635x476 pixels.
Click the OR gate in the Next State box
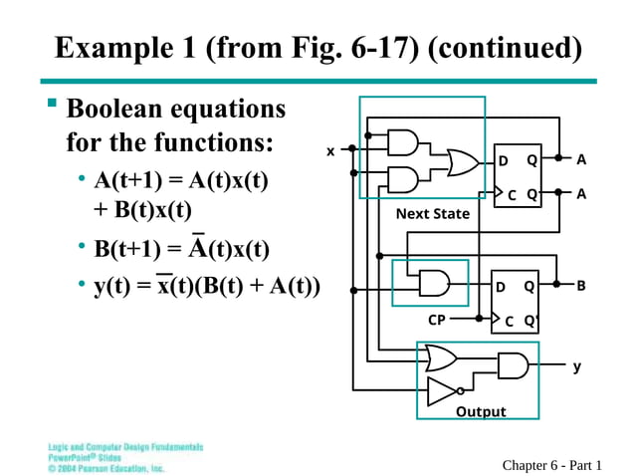click(x=461, y=162)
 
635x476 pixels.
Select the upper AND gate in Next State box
click(x=402, y=143)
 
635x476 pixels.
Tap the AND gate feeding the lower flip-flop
click(x=434, y=284)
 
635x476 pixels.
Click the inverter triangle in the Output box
click(x=442, y=391)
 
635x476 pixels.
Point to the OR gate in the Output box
click(x=440, y=357)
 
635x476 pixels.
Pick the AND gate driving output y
click(x=513, y=365)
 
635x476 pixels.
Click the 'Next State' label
click(x=432, y=214)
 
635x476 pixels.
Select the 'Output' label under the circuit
click(x=480, y=411)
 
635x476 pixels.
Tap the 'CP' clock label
click(x=437, y=321)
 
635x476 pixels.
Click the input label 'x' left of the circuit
click(x=331, y=151)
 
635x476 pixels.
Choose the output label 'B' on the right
click(x=581, y=286)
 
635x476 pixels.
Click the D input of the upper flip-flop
click(x=504, y=161)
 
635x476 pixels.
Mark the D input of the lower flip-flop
click(x=501, y=287)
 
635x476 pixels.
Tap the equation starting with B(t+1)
click(x=181, y=247)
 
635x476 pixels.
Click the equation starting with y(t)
click(x=207, y=287)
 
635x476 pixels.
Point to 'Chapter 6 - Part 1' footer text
click(x=552, y=465)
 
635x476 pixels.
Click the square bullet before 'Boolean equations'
click(x=53, y=104)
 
